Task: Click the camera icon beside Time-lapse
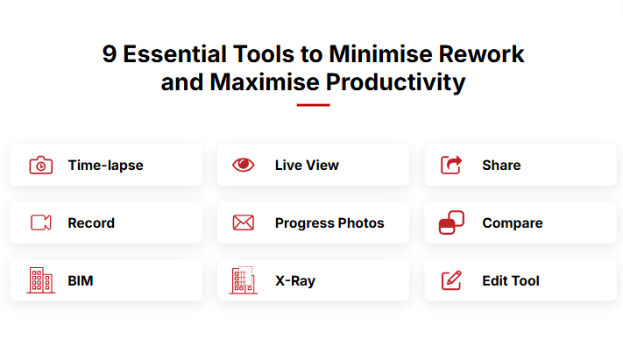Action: click(x=41, y=165)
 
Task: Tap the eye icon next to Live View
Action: click(x=244, y=165)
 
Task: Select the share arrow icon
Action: click(x=451, y=165)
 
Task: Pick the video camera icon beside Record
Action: click(x=41, y=222)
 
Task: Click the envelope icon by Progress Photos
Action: click(x=244, y=222)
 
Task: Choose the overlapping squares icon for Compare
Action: click(x=451, y=222)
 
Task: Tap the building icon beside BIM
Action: click(x=41, y=280)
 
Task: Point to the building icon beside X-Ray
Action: click(x=244, y=280)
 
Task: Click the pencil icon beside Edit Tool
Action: click(x=452, y=280)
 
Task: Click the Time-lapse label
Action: click(x=106, y=166)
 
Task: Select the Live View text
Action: click(x=308, y=166)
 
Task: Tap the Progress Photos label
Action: click(x=329, y=223)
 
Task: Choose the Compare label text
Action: click(x=513, y=223)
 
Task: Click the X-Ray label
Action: click(x=295, y=281)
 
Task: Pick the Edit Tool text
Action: click(x=511, y=281)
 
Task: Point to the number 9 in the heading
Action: click(x=110, y=54)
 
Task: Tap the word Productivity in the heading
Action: click(x=396, y=82)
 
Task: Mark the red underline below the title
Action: click(x=313, y=105)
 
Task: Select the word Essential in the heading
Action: click(x=175, y=54)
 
